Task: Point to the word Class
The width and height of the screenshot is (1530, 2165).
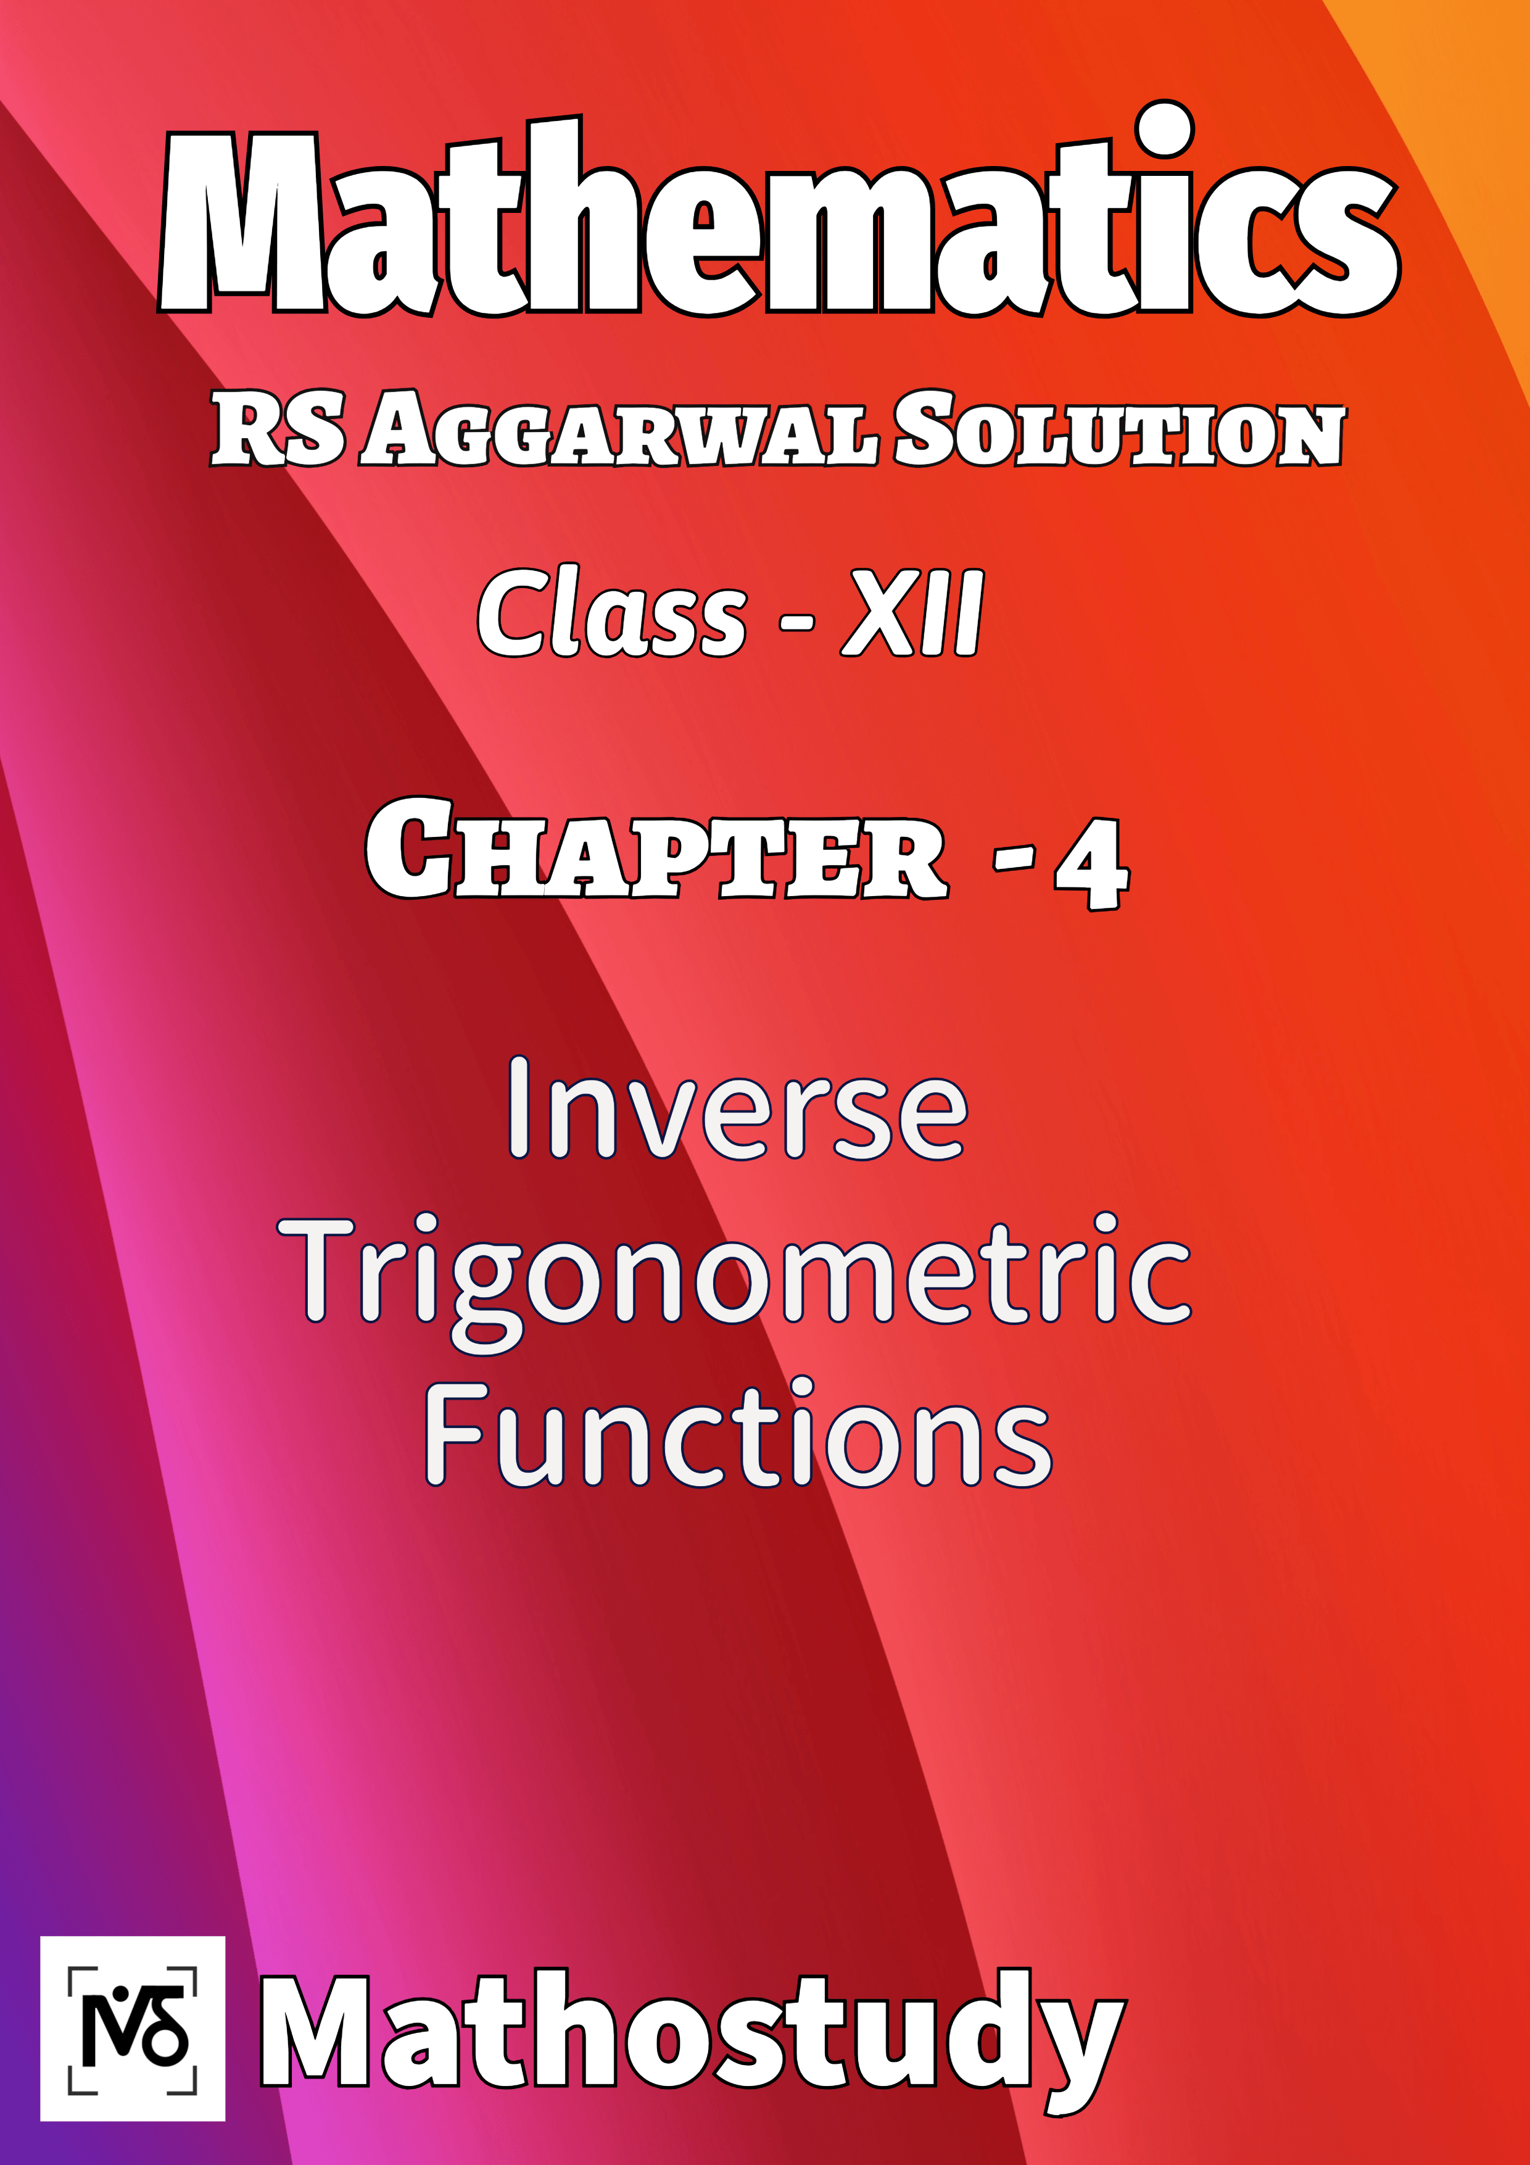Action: point(612,615)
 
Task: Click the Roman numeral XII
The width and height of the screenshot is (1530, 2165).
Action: point(912,615)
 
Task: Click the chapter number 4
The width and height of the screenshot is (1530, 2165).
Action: point(1091,863)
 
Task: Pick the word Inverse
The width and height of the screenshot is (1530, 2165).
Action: point(737,1111)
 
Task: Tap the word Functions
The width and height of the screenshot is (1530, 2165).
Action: point(737,1435)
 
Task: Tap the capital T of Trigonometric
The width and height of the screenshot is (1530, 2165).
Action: point(316,1268)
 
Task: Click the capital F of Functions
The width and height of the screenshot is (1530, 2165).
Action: point(457,1433)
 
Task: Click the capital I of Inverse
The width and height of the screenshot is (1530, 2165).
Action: point(518,1108)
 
